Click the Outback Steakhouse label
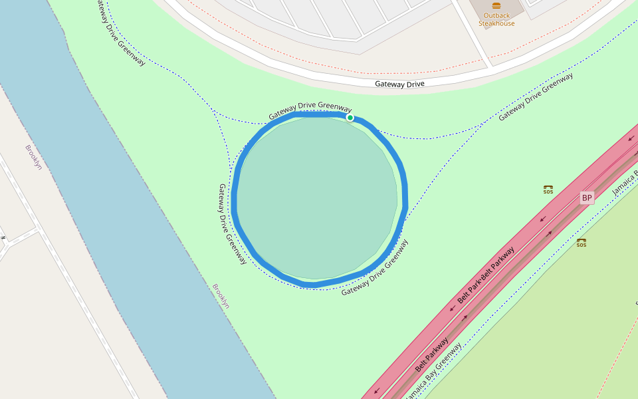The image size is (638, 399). [x=496, y=19]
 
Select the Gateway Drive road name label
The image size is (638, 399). [x=399, y=84]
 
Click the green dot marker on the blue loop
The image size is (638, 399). [x=350, y=118]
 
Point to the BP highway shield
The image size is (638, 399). [x=586, y=198]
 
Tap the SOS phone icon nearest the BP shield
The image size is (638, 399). [x=548, y=190]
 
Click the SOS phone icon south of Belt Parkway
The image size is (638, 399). [x=582, y=243]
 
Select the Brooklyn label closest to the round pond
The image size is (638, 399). [x=221, y=296]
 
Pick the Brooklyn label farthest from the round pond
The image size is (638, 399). [x=33, y=157]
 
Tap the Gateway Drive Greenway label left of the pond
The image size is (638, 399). [x=232, y=224]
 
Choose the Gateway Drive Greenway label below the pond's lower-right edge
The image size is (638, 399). [x=375, y=268]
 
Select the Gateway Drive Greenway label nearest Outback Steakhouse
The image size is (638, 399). [x=536, y=96]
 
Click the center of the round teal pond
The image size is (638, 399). [x=317, y=198]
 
